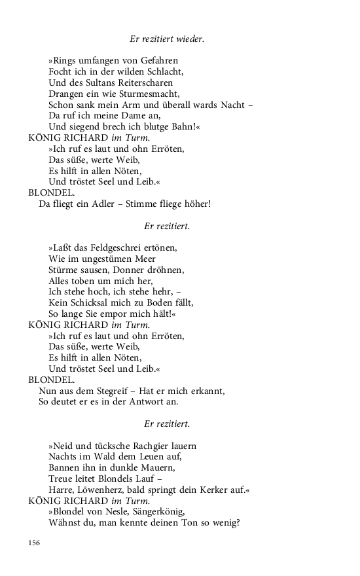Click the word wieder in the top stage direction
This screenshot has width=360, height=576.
click(x=190, y=39)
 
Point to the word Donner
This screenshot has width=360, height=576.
click(x=135, y=270)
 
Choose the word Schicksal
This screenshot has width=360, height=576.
click(x=89, y=302)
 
